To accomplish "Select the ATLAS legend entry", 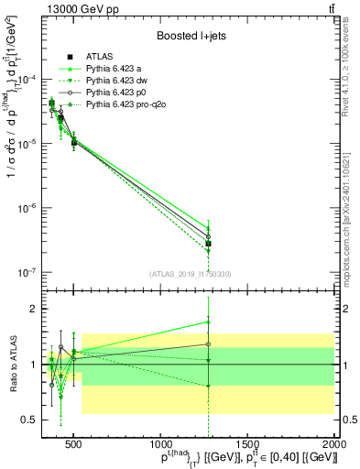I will pos(97,57).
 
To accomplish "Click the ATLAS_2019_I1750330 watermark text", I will pos(190,274).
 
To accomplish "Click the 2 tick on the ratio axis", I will pos(36,309).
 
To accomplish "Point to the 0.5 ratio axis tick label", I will pos(31,420).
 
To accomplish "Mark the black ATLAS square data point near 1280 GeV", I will pos(209,244).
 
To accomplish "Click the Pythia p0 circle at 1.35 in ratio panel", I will pos(209,344).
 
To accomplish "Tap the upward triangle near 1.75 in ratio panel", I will pos(209,322).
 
